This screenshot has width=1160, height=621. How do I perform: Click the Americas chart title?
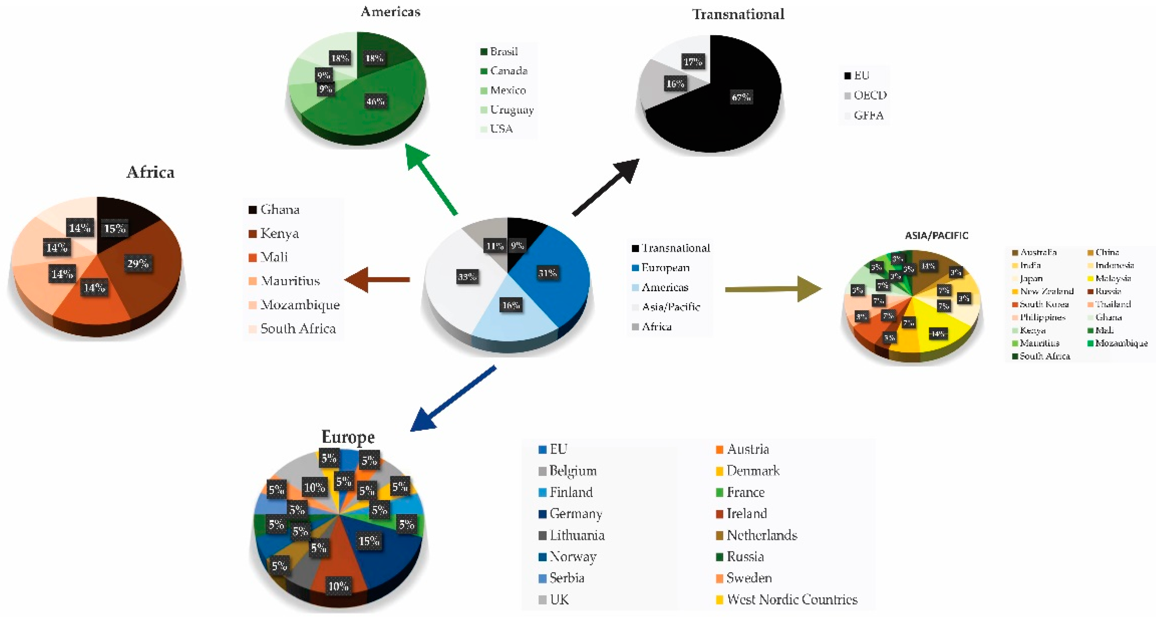(x=390, y=12)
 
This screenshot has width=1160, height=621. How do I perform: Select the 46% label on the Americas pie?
(x=375, y=101)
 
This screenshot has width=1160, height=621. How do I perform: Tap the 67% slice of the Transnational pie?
(x=741, y=97)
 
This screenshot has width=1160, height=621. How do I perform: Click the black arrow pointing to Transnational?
(x=606, y=187)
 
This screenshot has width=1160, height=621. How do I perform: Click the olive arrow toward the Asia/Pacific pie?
(x=772, y=289)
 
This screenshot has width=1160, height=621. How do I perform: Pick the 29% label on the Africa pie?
(x=137, y=263)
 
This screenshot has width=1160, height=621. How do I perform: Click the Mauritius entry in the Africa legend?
(x=290, y=281)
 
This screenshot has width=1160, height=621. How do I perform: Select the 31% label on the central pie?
(x=547, y=273)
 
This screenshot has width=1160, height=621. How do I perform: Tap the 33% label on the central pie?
(x=467, y=277)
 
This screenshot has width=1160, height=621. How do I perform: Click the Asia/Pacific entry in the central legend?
(x=670, y=307)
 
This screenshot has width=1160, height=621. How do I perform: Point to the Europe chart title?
(x=348, y=437)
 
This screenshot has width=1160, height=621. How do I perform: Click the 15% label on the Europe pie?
(x=368, y=541)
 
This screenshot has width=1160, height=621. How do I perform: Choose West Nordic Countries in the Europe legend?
(x=792, y=600)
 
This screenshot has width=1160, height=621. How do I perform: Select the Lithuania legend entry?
(x=576, y=535)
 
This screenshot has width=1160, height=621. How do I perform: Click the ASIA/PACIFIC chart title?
(x=936, y=235)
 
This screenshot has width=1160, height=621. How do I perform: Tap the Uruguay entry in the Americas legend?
(x=511, y=110)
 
